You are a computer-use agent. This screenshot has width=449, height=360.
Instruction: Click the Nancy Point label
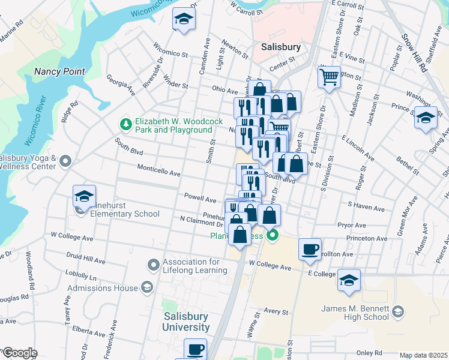(59, 71)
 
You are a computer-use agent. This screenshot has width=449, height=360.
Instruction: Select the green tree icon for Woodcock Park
(125, 124)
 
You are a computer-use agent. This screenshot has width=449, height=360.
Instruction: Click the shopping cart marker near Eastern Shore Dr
(329, 76)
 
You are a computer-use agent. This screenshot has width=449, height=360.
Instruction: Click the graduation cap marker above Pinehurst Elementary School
(84, 196)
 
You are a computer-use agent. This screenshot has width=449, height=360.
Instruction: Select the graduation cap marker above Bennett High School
(349, 280)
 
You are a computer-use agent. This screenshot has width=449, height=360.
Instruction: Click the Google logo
(19, 353)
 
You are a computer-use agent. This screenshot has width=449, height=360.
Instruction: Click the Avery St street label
(277, 311)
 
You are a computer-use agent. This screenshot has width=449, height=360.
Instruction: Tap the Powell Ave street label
(200, 199)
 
